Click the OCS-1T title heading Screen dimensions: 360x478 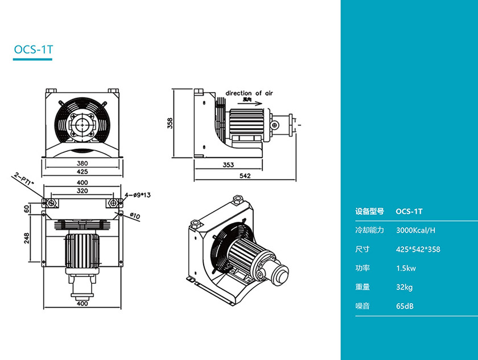(34, 49)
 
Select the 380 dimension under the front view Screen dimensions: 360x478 (83, 162)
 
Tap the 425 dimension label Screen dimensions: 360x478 (83, 171)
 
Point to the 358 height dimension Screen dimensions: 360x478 (169, 123)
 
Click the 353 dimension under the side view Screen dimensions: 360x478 (228, 165)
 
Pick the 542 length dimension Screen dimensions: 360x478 (245, 176)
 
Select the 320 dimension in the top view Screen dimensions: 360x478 (83, 191)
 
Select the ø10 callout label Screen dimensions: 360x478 (135, 215)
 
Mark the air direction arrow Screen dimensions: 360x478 (251, 104)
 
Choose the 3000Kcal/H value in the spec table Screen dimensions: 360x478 (415, 230)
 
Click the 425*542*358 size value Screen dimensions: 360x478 (418, 249)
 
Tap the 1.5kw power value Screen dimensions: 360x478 (405, 268)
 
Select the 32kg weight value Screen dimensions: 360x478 (404, 287)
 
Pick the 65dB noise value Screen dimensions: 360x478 (404, 306)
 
